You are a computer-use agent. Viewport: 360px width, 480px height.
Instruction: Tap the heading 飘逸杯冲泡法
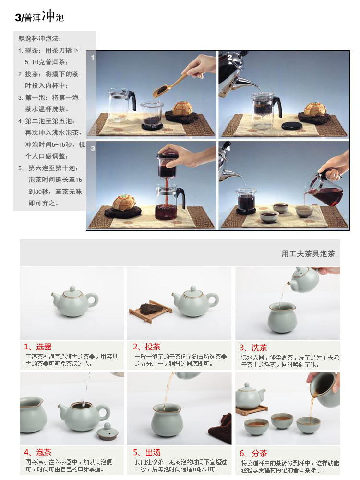tap(40, 38)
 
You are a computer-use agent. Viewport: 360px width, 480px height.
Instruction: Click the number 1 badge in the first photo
tap(93, 57)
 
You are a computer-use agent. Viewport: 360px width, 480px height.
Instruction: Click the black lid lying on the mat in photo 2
tap(292, 126)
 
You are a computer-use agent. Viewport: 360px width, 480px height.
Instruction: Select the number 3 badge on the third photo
tap(93, 148)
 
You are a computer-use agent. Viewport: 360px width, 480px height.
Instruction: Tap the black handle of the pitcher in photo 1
tap(132, 100)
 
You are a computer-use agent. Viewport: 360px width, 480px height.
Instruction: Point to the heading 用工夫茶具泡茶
tap(308, 253)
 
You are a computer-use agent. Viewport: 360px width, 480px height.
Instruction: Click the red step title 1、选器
tap(37, 347)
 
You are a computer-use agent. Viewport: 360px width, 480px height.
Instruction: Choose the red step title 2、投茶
tap(146, 347)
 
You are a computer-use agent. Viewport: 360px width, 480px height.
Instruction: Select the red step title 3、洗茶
tap(253, 348)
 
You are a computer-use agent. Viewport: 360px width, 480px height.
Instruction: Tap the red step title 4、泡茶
tap(37, 453)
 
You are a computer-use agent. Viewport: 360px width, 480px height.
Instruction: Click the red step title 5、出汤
tap(146, 453)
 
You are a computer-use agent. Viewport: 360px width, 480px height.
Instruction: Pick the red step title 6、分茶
tap(253, 454)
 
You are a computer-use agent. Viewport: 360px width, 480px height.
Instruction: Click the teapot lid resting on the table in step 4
tap(108, 432)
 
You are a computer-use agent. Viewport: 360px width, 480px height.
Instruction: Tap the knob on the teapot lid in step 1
tap(72, 288)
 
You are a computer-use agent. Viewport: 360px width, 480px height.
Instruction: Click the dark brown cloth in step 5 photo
tap(220, 428)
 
